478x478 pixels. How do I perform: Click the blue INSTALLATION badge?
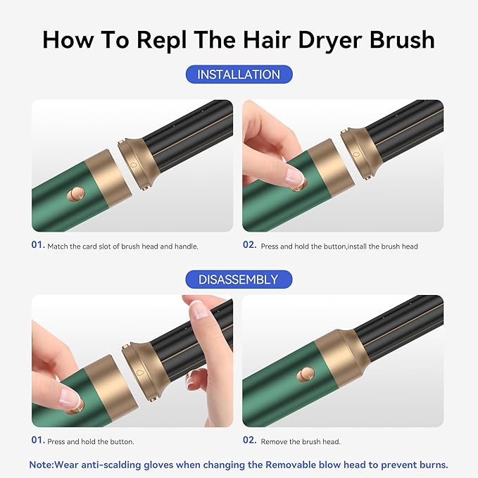click(x=239, y=75)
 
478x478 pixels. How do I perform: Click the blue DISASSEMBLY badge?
click(x=239, y=280)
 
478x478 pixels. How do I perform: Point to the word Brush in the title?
click(x=401, y=39)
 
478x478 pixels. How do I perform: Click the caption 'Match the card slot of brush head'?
click(x=122, y=246)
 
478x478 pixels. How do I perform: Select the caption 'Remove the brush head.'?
click(x=300, y=442)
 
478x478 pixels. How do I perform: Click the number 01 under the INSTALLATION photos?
click(x=37, y=246)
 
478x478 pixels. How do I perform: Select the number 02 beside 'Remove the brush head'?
click(x=249, y=441)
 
